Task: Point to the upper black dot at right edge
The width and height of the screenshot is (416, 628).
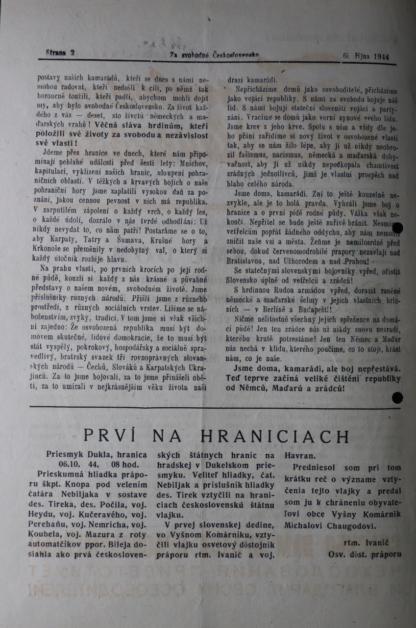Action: (x=397, y=228)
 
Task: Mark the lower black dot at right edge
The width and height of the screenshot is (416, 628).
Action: (x=398, y=398)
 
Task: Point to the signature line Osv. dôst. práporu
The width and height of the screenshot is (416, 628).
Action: (x=365, y=554)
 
